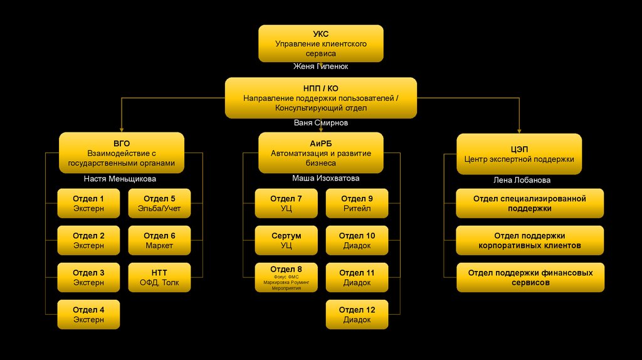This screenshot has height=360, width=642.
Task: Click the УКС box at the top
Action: [320, 43]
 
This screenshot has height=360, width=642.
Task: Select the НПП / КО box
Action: [320, 98]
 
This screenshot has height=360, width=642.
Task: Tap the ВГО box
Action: [122, 152]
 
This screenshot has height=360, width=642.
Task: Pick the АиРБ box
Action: [320, 152]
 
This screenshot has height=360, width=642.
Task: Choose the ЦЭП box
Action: [519, 154]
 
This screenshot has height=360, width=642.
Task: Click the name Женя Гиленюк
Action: [320, 66]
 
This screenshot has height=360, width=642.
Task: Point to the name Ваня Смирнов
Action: [320, 123]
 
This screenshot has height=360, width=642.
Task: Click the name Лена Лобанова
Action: [522, 180]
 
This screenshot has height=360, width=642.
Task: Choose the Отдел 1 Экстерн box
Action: [88, 203]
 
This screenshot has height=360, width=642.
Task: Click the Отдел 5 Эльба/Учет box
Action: [159, 203]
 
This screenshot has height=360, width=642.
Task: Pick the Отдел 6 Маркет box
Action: [159, 240]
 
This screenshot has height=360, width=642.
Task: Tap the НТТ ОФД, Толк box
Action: [159, 277]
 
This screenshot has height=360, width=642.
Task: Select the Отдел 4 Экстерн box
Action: [88, 314]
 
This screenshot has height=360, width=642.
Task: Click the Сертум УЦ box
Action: [286, 240]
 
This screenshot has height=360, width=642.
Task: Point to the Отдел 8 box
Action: [286, 277]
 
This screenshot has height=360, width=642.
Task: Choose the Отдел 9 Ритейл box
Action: [357, 203]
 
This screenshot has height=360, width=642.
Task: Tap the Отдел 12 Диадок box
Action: [357, 314]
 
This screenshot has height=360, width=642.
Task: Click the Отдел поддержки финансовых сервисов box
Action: [530, 277]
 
